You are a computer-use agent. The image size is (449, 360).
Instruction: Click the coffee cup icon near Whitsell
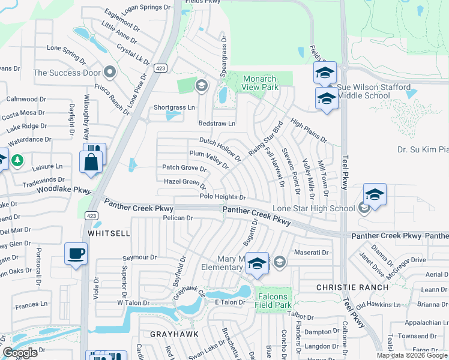76,253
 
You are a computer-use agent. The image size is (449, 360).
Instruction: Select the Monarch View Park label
261,83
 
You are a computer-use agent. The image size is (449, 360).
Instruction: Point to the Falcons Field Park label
273,301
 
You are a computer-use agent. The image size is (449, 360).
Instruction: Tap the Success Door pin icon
109,73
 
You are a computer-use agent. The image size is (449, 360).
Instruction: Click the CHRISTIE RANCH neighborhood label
345,288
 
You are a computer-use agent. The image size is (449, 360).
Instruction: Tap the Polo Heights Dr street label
222,197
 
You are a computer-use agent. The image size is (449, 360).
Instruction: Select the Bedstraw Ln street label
217,124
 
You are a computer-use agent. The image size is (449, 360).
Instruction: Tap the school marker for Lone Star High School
375,195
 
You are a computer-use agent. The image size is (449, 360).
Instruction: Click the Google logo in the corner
20,353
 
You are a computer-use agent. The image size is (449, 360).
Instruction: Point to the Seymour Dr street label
139,257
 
